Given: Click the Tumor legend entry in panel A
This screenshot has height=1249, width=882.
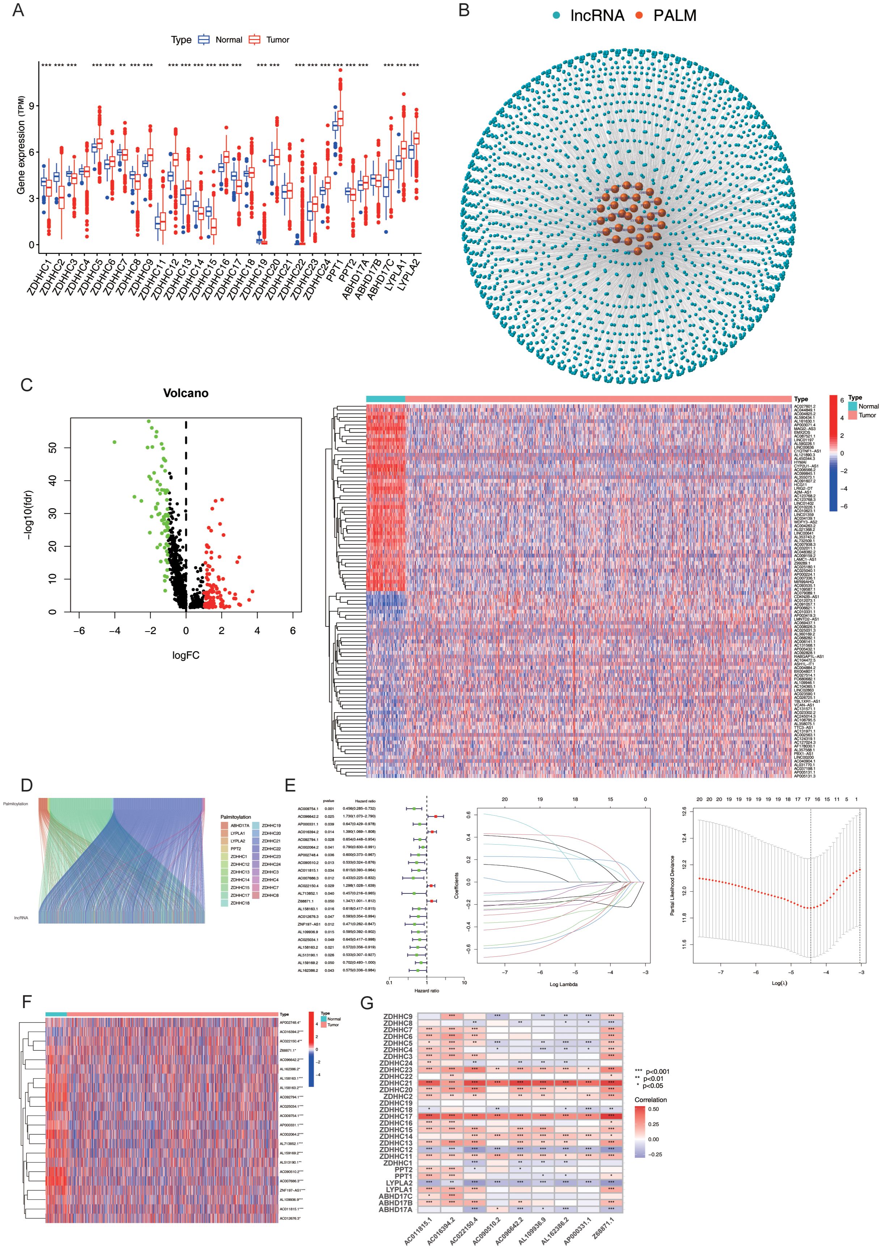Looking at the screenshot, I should pyautogui.click(x=277, y=40).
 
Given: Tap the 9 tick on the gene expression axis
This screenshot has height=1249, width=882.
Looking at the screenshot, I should pyautogui.click(x=31, y=106).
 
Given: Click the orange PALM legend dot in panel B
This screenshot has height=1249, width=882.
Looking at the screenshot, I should pyautogui.click(x=639, y=16).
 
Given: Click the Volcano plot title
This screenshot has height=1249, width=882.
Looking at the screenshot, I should pyautogui.click(x=186, y=393).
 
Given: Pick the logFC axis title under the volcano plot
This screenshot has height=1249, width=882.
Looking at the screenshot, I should pyautogui.click(x=186, y=655).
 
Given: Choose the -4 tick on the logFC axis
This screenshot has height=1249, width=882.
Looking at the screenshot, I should pyautogui.click(x=114, y=630).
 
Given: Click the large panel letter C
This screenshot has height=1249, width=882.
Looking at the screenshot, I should pyautogui.click(x=26, y=385).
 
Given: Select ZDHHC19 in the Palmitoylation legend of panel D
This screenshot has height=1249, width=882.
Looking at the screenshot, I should pyautogui.click(x=271, y=825).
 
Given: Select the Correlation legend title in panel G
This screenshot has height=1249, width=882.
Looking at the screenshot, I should pyautogui.click(x=650, y=1099).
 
